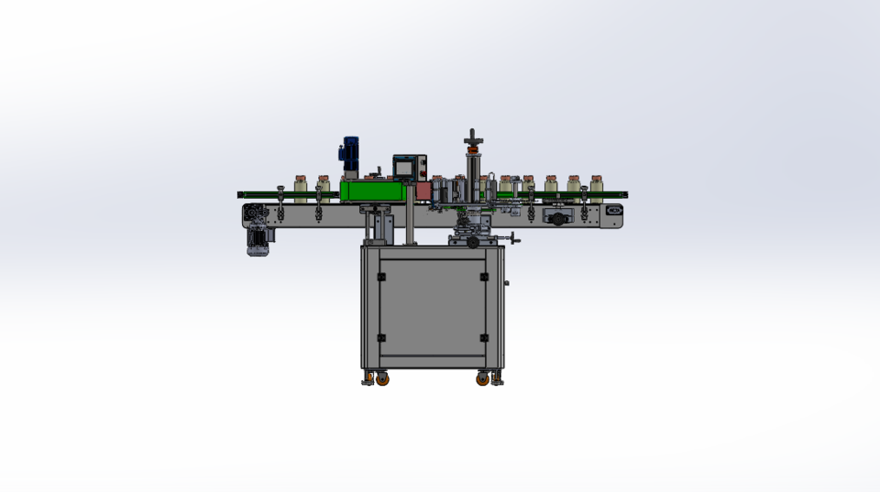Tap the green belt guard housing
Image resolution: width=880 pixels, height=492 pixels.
[x=376, y=191]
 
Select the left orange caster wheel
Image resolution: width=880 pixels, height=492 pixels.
[x=381, y=377]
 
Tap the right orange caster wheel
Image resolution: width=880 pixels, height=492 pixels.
[x=482, y=377]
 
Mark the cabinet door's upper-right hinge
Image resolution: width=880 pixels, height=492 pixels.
[x=484, y=276]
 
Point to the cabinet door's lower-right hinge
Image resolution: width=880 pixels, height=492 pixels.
[x=484, y=337]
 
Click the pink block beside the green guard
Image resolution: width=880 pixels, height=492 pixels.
[x=423, y=191]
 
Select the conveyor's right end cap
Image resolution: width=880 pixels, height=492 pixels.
[x=613, y=215]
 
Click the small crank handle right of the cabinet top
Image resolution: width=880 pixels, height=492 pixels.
[x=515, y=241]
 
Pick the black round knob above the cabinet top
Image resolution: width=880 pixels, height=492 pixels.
[x=472, y=243]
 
